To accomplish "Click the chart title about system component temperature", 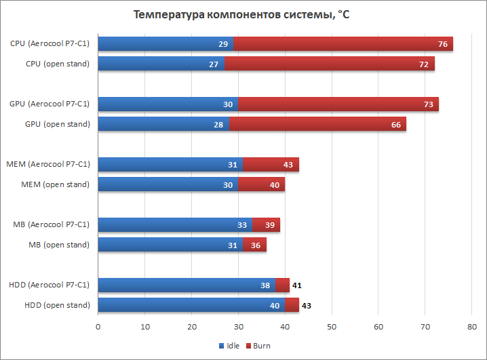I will point(241,14).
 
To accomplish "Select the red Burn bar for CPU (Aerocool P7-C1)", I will point(343,44).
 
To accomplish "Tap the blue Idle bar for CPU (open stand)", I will point(161,64).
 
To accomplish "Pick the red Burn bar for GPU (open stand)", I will point(317,124).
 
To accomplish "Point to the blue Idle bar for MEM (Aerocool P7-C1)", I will point(170,165).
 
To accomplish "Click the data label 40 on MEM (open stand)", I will point(275,184).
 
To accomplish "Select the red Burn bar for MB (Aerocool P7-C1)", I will point(266,225).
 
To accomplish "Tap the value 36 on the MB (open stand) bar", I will point(256,245).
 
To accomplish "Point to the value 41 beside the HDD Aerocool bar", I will point(296,285).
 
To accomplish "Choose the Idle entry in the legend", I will point(229,346).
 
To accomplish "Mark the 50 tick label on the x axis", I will point(332,327).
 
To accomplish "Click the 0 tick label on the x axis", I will point(98,327).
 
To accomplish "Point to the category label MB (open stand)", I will point(59,245).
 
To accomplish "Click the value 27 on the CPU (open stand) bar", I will point(213,64).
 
